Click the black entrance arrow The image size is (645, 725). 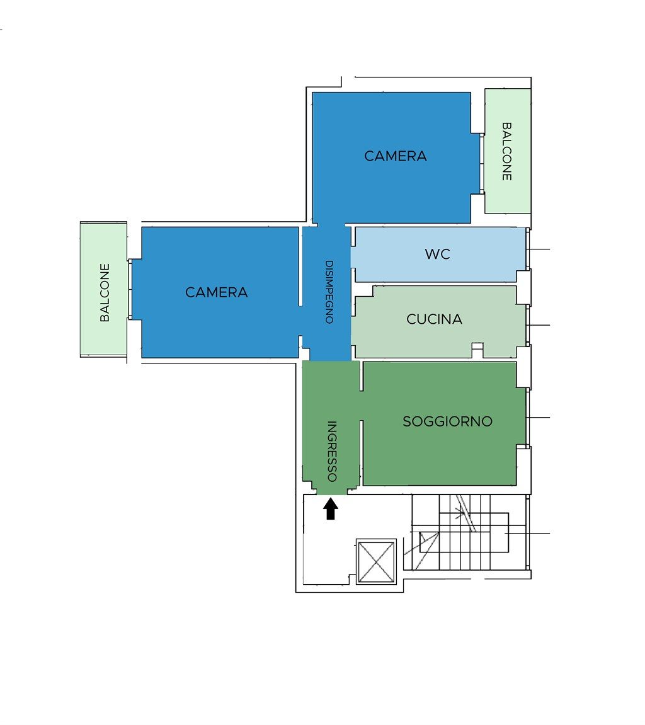pos(330,508)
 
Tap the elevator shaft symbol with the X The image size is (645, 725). pos(377,562)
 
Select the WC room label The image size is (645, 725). pos(437,254)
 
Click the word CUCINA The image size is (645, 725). pos(434,319)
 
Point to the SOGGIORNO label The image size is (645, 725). pos(447,421)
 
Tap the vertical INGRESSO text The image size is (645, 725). pos(331,451)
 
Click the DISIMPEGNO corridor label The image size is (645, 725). pos(329,292)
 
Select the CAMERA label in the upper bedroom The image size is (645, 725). pos(396,156)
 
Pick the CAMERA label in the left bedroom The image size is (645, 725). pos(217,292)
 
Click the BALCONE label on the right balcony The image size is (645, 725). pos(507,151)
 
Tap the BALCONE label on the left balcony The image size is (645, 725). pos(105,293)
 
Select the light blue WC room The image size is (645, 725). pos(438,254)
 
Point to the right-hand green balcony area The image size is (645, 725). pos(508,151)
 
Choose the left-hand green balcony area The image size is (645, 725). pos(103,289)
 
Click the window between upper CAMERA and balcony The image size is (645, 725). pos(482,164)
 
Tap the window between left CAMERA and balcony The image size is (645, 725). pos(130,290)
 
